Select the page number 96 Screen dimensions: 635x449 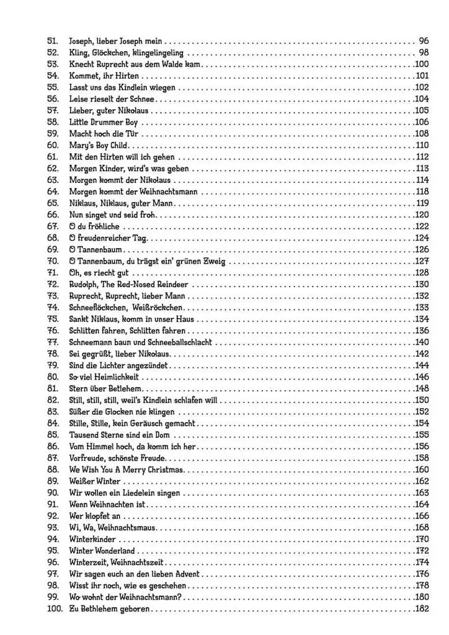(424, 40)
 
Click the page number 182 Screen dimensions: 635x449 (422, 609)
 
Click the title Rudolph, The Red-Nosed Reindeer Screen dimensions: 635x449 (128, 285)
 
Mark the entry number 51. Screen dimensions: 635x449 (52, 40)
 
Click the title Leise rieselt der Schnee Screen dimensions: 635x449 (112, 99)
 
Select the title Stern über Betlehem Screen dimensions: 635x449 (102, 389)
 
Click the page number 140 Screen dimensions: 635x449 (422, 342)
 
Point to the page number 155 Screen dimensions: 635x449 (422, 435)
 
